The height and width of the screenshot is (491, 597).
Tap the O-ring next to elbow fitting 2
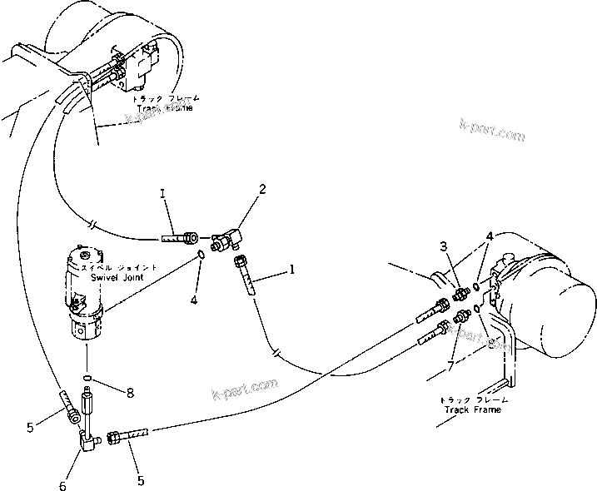point(201,253)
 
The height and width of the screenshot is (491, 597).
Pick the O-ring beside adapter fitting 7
point(475,310)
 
